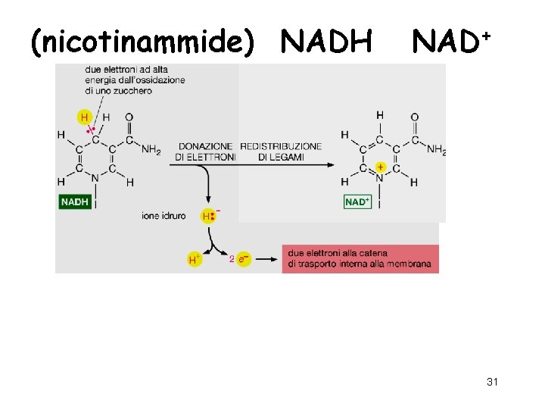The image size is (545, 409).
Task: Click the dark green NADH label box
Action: click(x=75, y=202)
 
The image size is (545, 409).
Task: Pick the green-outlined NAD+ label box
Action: click(x=357, y=202)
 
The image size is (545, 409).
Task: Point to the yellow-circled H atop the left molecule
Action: click(x=84, y=117)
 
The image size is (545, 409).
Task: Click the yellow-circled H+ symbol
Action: click(x=195, y=260)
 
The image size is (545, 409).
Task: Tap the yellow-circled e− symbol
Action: click(x=241, y=260)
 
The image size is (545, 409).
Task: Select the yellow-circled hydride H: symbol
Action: click(x=208, y=216)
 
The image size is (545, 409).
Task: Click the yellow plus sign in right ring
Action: click(x=380, y=166)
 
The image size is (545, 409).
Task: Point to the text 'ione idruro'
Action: click(x=163, y=216)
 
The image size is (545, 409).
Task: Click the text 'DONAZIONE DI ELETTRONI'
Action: click(x=206, y=151)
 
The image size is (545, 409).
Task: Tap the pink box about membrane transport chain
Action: click(x=360, y=258)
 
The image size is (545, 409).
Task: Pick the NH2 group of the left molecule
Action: click(x=151, y=150)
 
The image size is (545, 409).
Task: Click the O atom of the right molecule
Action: click(x=414, y=117)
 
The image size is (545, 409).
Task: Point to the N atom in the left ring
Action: click(x=95, y=180)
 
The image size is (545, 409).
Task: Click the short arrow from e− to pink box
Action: click(x=264, y=259)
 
